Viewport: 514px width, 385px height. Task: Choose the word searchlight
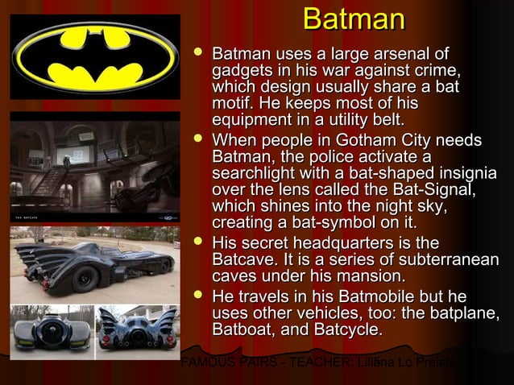click(x=250, y=174)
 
